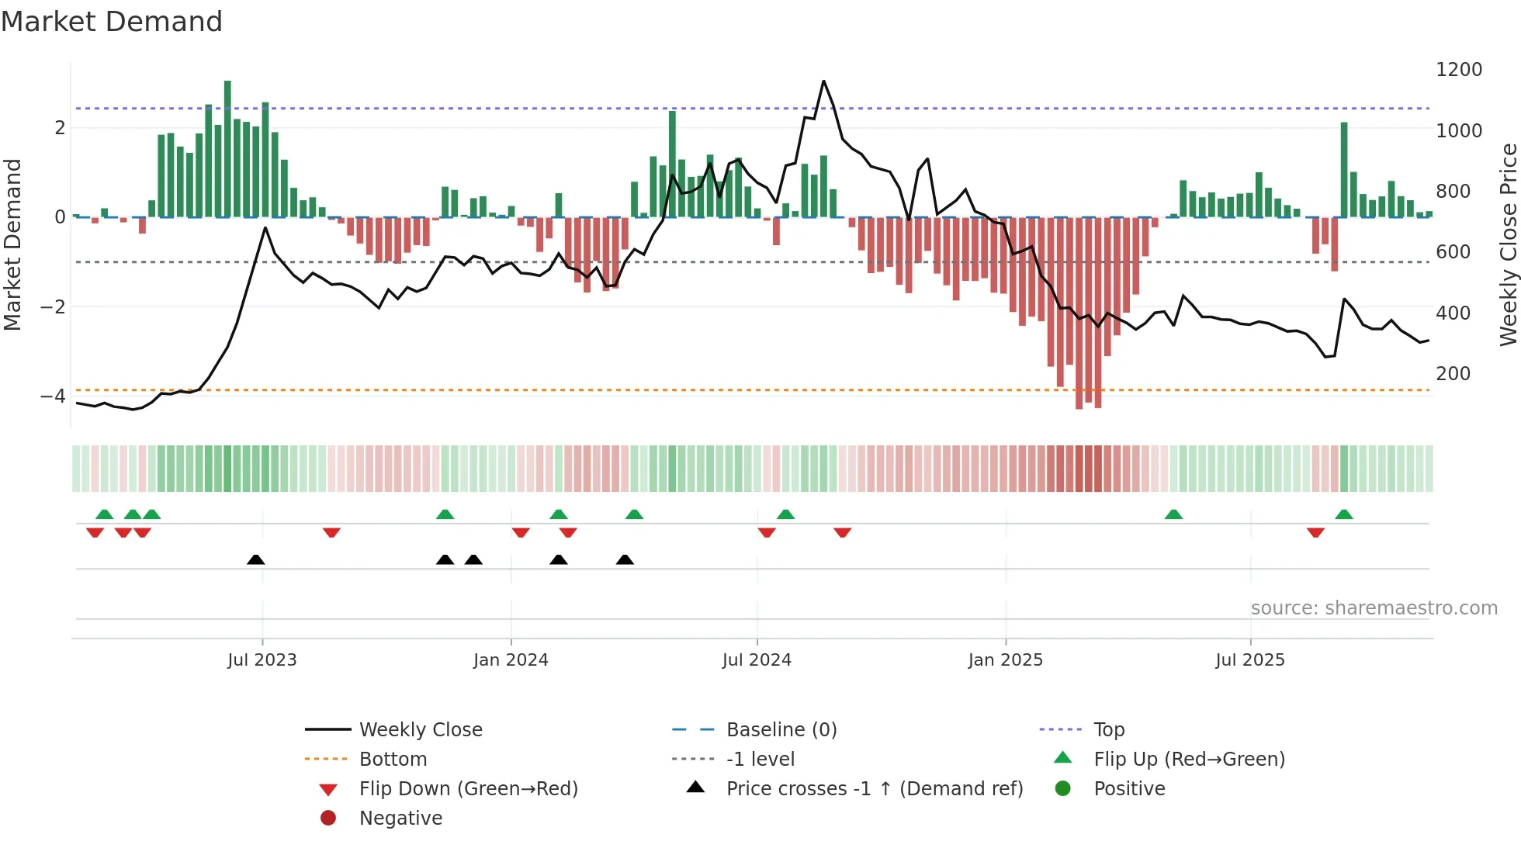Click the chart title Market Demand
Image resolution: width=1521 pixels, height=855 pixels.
click(x=112, y=22)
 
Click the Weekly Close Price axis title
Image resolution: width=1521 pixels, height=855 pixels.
click(x=1508, y=244)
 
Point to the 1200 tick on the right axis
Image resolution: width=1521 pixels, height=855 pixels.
click(x=1458, y=70)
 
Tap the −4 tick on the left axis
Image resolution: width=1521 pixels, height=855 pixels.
click(x=53, y=396)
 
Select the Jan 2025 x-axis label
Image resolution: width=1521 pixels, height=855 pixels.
click(x=1005, y=660)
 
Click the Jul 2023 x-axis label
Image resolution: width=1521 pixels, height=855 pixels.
click(x=262, y=660)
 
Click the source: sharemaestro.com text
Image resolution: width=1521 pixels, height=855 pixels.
click(x=1374, y=608)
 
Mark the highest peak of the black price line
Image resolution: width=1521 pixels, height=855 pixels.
click(x=823, y=81)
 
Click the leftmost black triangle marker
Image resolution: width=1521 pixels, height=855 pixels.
click(x=255, y=559)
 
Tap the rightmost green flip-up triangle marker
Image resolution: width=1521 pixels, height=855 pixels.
click(x=1344, y=514)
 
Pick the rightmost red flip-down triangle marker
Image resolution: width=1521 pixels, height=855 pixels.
click(x=1315, y=532)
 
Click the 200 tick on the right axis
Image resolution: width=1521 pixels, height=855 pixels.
click(x=1453, y=374)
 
